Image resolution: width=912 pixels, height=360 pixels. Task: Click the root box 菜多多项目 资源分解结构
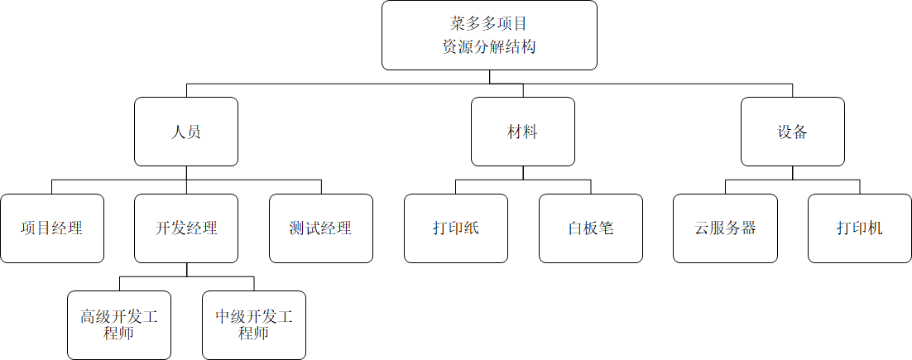tap(489, 35)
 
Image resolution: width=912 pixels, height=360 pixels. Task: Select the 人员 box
tap(186, 132)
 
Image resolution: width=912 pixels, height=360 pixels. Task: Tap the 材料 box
tap(523, 132)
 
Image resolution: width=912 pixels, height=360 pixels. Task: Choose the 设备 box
tap(792, 132)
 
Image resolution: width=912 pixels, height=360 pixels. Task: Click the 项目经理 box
tap(52, 228)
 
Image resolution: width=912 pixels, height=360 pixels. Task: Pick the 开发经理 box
tap(186, 228)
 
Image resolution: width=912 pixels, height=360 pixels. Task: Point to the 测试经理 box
tap(321, 228)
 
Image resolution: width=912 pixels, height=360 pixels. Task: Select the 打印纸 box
tap(456, 228)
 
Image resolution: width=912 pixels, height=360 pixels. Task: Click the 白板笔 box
tap(591, 228)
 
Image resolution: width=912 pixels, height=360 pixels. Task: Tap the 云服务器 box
tap(725, 228)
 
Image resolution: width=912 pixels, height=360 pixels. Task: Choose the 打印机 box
tap(860, 228)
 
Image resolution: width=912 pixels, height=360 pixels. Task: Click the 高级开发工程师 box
tap(119, 325)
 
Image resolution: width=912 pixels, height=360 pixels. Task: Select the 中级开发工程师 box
tap(254, 325)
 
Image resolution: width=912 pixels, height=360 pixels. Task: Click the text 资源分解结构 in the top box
tap(489, 47)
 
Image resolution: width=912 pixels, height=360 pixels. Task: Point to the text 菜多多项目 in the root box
tap(489, 23)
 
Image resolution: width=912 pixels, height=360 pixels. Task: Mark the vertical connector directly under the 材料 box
tap(523, 173)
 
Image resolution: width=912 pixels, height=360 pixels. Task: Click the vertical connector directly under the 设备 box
tap(792, 173)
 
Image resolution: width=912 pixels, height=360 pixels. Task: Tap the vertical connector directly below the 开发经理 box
tap(186, 270)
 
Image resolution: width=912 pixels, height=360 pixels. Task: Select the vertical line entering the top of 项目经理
tap(52, 187)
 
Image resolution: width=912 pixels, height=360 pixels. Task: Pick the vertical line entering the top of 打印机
tap(860, 187)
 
